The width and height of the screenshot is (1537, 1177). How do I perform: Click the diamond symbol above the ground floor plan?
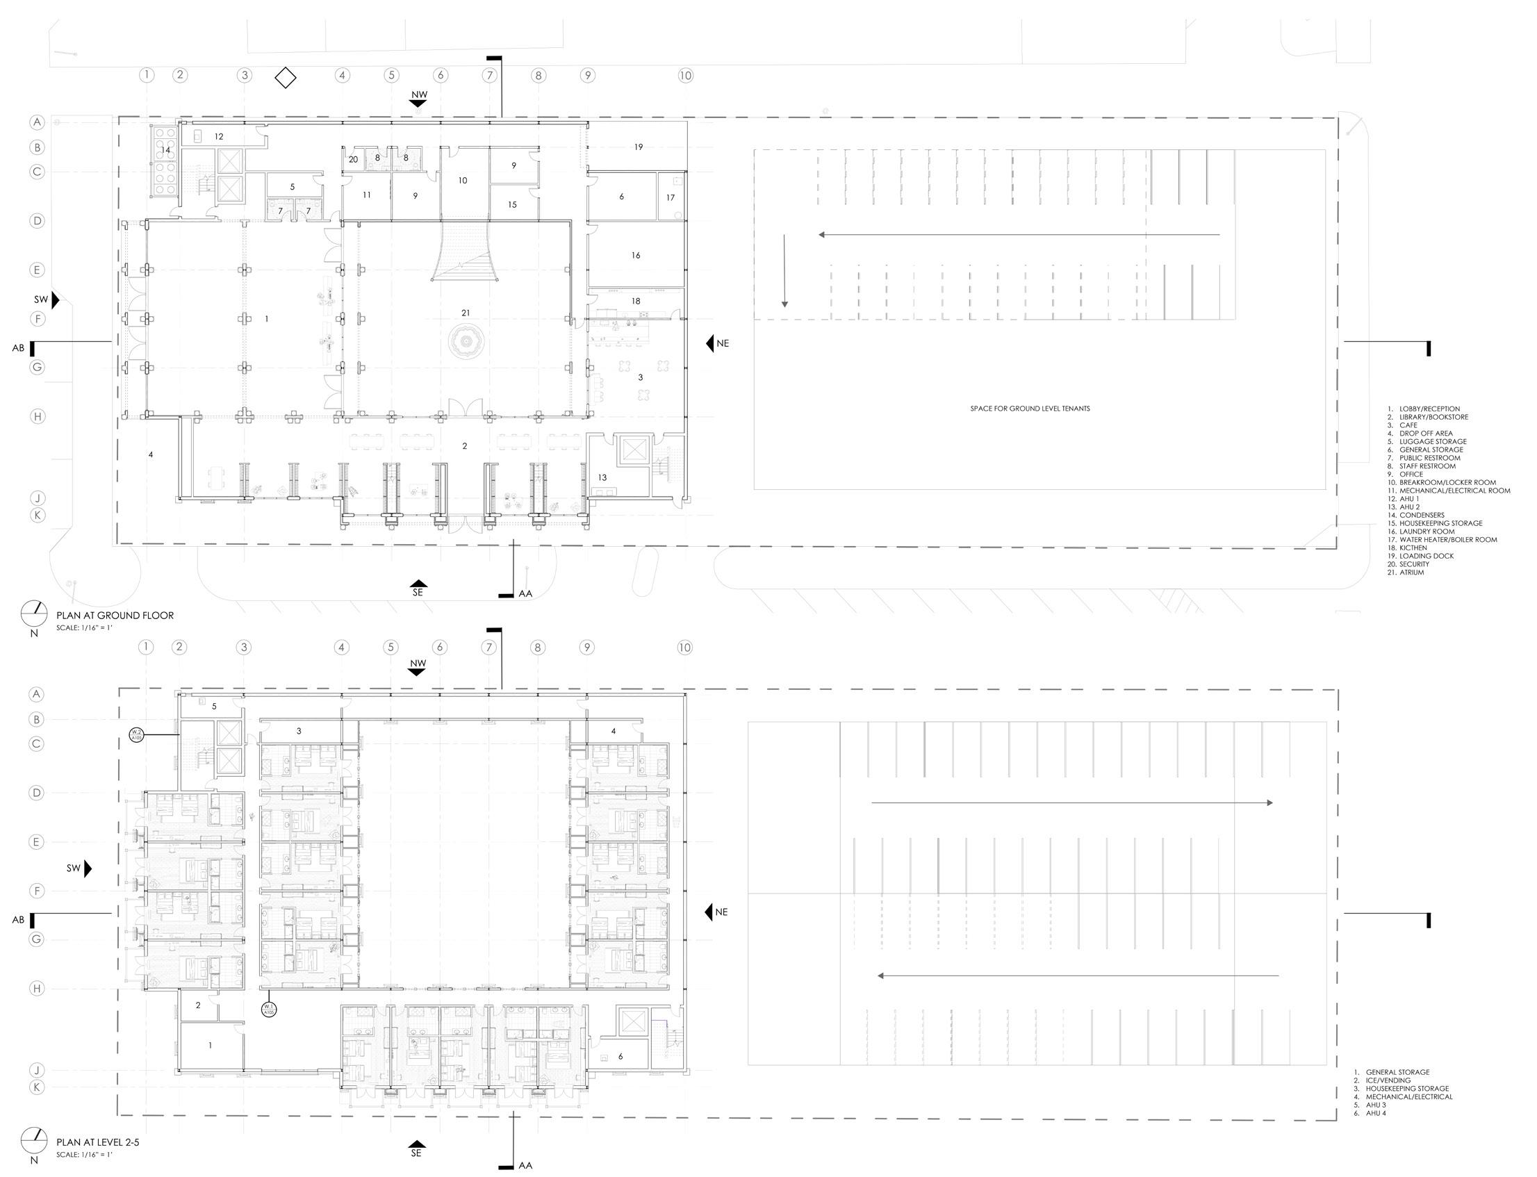click(285, 78)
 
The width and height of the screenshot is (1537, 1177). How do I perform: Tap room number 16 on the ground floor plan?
click(635, 256)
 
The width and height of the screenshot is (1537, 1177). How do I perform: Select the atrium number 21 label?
click(466, 313)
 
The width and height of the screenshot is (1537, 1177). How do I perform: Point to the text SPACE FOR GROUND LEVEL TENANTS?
click(1029, 409)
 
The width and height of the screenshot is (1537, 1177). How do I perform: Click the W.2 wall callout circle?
click(136, 734)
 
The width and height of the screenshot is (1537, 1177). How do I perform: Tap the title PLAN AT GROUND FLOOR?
click(115, 616)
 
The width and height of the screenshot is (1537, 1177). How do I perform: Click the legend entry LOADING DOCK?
click(1426, 557)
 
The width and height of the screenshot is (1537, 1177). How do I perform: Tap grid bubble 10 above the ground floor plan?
click(685, 76)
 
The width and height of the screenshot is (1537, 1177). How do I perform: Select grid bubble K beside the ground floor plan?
click(37, 515)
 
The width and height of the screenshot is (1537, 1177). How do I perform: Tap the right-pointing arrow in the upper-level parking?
click(1072, 803)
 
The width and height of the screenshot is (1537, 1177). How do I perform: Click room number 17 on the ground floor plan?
click(671, 197)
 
